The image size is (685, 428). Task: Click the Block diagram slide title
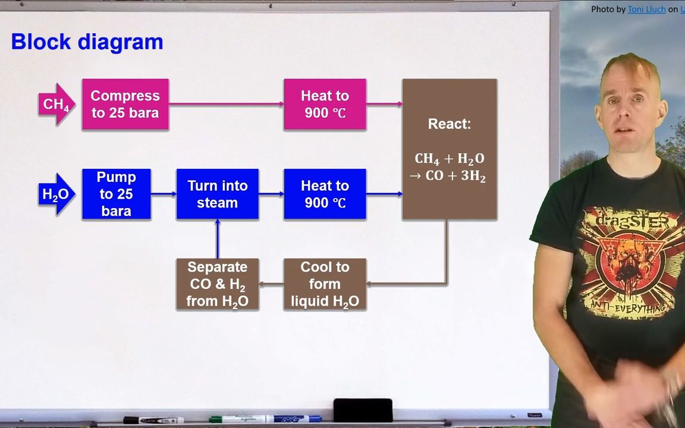point(87,42)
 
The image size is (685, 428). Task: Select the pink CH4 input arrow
point(56,105)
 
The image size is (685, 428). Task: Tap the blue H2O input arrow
point(56,194)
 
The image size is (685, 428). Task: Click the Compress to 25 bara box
point(125,105)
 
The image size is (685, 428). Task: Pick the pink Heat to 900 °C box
point(325,105)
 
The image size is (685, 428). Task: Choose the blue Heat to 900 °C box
point(325,194)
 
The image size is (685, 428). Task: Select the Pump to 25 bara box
point(116,194)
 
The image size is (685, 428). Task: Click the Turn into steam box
point(217,194)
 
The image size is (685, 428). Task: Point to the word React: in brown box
point(449,124)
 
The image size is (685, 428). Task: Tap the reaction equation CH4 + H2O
point(449,159)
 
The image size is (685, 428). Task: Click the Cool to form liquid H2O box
point(325,284)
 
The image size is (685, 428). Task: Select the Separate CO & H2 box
point(217,284)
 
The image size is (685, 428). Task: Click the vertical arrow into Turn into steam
point(218,239)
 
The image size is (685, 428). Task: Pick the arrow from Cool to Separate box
point(271,284)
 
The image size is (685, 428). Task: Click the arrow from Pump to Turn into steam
point(164,194)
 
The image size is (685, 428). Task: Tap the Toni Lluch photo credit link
point(646,9)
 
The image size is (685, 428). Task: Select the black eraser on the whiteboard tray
point(363,410)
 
